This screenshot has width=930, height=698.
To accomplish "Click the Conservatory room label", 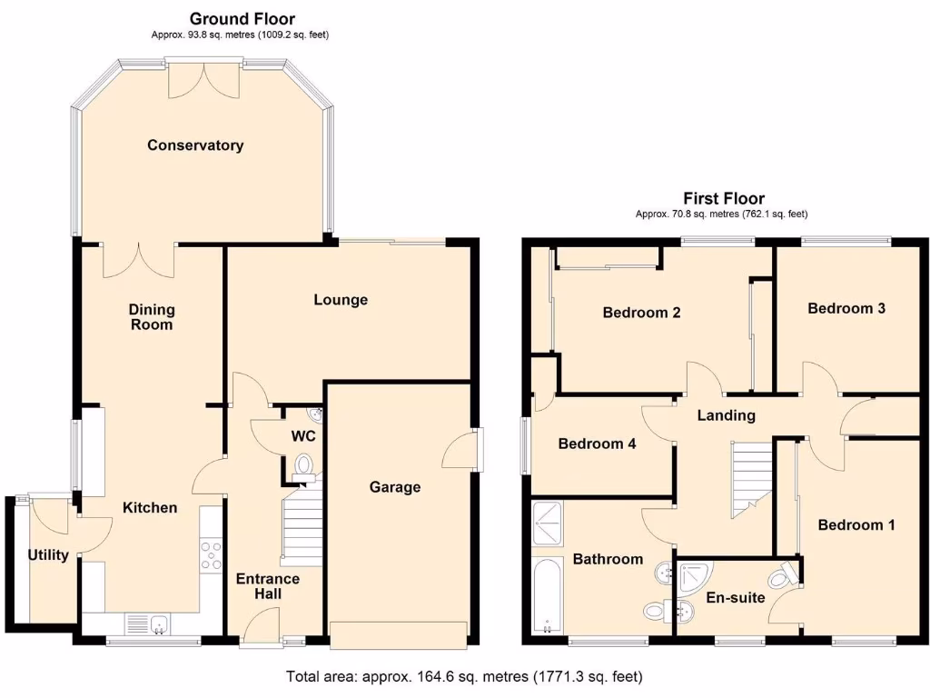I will [195, 145].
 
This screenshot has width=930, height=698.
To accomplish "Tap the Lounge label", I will [341, 300].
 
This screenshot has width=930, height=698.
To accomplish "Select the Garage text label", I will [395, 487].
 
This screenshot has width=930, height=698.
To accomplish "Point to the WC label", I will [303, 436].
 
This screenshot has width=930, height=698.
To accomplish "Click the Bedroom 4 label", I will [597, 444].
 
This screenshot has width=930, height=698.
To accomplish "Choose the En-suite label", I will [736, 598].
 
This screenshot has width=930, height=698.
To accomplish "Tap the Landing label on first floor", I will [726, 416].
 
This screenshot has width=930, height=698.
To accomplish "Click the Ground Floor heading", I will [242, 18].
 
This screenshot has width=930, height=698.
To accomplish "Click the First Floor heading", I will [723, 198].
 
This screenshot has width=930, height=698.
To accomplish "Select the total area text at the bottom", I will [464, 676].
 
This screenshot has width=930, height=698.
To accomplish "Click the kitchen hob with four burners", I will [211, 555].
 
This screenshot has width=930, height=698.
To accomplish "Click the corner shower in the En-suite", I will [697, 573].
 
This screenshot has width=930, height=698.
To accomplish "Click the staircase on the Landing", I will [749, 477].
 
